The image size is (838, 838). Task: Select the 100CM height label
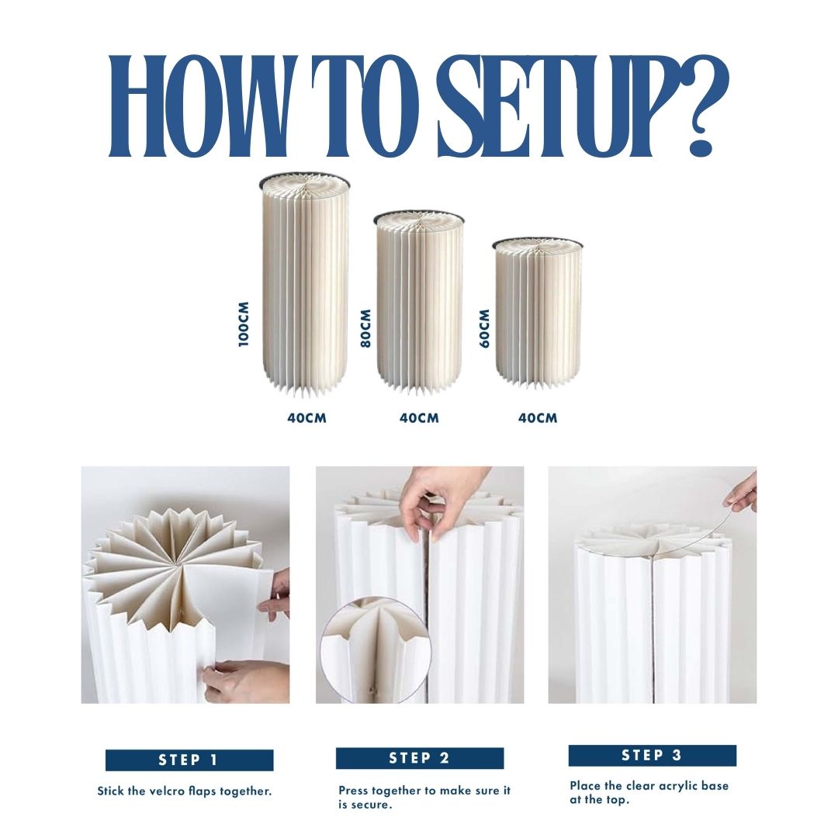click(244, 324)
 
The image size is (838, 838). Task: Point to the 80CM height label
click(365, 329)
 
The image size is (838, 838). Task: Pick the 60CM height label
click(485, 329)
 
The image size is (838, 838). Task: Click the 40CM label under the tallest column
click(306, 418)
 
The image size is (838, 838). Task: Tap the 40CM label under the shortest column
click(538, 418)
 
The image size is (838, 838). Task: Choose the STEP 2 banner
click(420, 758)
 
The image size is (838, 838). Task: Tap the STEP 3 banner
click(652, 755)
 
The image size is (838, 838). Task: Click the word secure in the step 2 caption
click(370, 805)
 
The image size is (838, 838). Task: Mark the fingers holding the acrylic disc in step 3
click(741, 493)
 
